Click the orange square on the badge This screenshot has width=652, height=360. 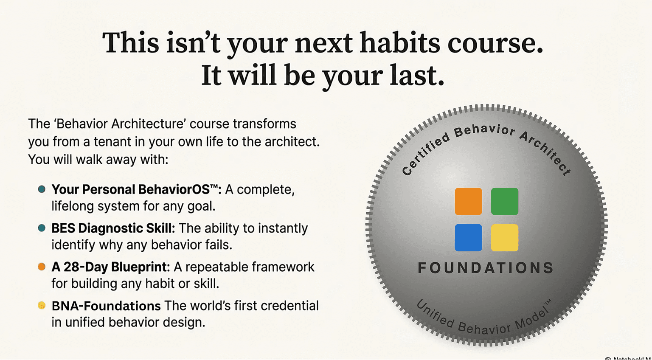coord(468,201)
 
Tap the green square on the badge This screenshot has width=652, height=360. coord(504,201)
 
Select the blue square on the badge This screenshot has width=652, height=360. coord(468,237)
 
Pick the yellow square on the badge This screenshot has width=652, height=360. coord(504,237)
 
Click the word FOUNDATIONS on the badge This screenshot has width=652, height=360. coord(486,268)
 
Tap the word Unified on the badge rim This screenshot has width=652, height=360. coord(435,314)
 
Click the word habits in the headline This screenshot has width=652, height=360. coord(399,43)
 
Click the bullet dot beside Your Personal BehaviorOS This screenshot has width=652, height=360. coord(42,189)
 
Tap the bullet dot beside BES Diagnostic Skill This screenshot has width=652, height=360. coord(42,228)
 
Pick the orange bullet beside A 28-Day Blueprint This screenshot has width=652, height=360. coord(42,267)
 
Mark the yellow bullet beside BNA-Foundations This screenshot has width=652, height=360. coord(42,305)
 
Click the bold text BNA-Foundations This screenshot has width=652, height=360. coord(106,306)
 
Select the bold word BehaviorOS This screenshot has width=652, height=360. coord(178,189)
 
